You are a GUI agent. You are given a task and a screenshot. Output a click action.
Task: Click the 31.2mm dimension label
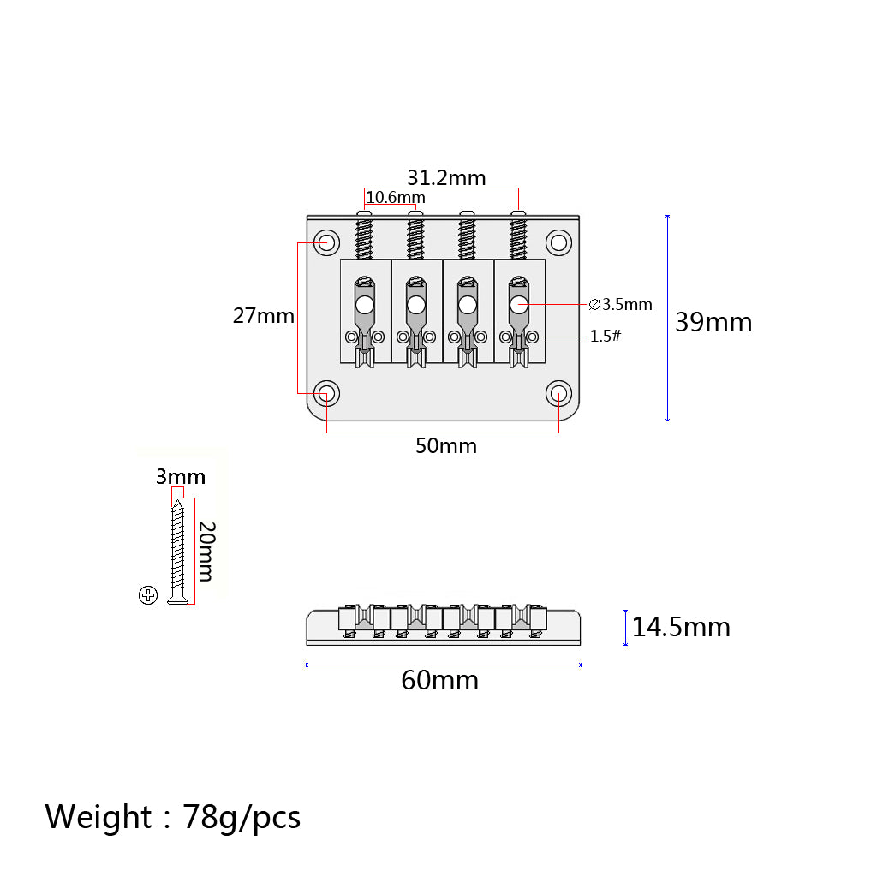coord(446,178)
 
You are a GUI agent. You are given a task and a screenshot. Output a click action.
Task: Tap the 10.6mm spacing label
coord(396,198)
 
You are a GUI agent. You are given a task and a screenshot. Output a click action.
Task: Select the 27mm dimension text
coord(264,316)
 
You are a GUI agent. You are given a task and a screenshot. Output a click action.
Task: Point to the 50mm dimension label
coord(445,445)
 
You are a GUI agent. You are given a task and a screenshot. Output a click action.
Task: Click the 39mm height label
coord(713,322)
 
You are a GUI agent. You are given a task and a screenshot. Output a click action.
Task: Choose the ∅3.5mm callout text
coord(620,304)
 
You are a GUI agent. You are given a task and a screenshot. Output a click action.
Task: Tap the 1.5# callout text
coord(606,336)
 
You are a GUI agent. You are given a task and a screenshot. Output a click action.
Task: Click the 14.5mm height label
coord(681,627)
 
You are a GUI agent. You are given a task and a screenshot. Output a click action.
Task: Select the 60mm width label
coord(439,681)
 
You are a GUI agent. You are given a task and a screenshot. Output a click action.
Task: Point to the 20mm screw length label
coord(207,552)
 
